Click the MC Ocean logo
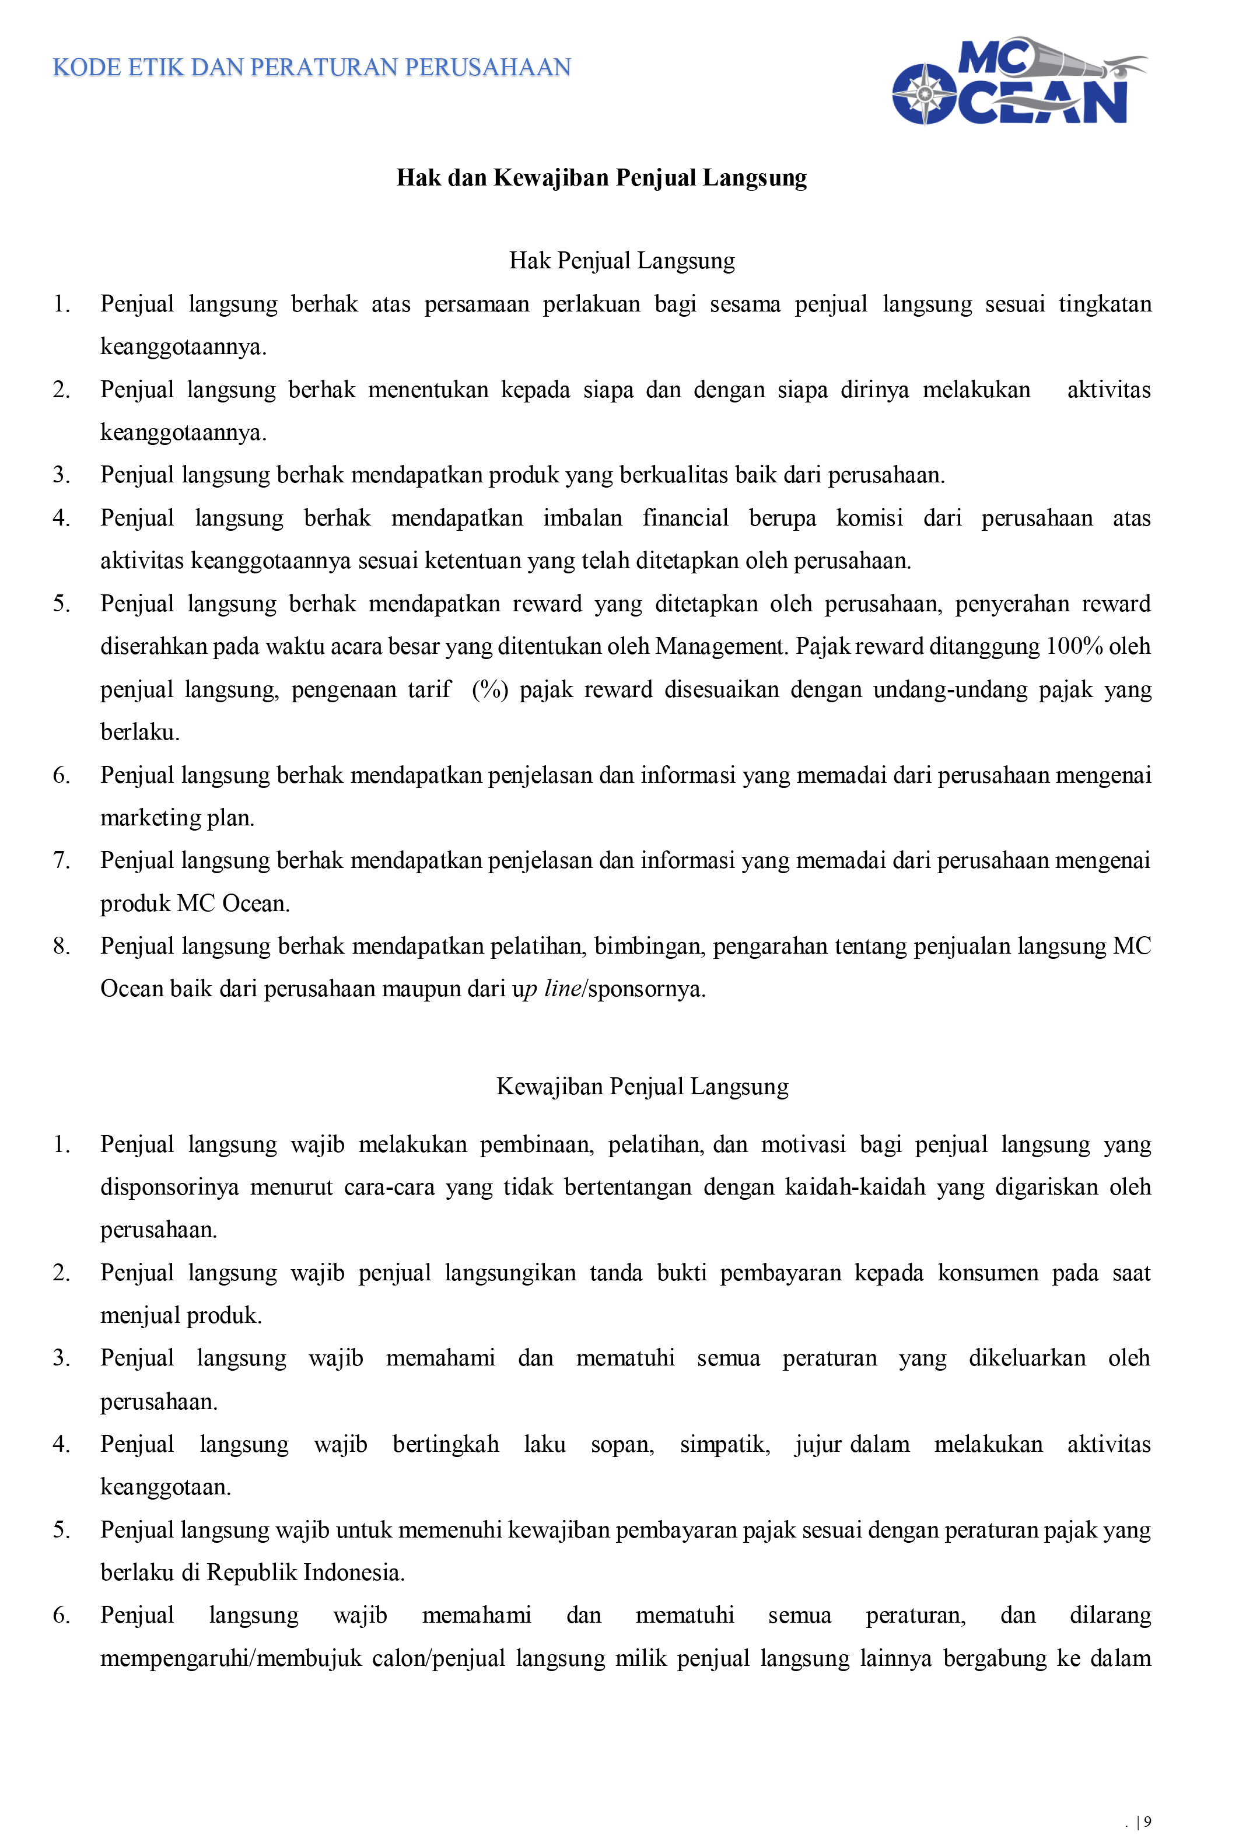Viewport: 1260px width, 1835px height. [x=1019, y=81]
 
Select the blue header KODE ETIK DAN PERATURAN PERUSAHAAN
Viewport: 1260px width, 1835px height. [x=312, y=68]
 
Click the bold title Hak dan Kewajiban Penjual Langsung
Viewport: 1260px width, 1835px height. [x=601, y=178]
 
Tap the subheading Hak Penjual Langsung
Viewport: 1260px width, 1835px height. [x=621, y=261]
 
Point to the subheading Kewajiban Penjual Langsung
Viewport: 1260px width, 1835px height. [x=642, y=1087]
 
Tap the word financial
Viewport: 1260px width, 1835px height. [x=685, y=518]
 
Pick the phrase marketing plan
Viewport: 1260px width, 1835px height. [x=177, y=818]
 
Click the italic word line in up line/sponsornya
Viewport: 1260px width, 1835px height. [x=563, y=989]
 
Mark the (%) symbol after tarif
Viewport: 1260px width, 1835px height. [x=489, y=689]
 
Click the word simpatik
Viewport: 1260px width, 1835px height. [x=724, y=1444]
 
